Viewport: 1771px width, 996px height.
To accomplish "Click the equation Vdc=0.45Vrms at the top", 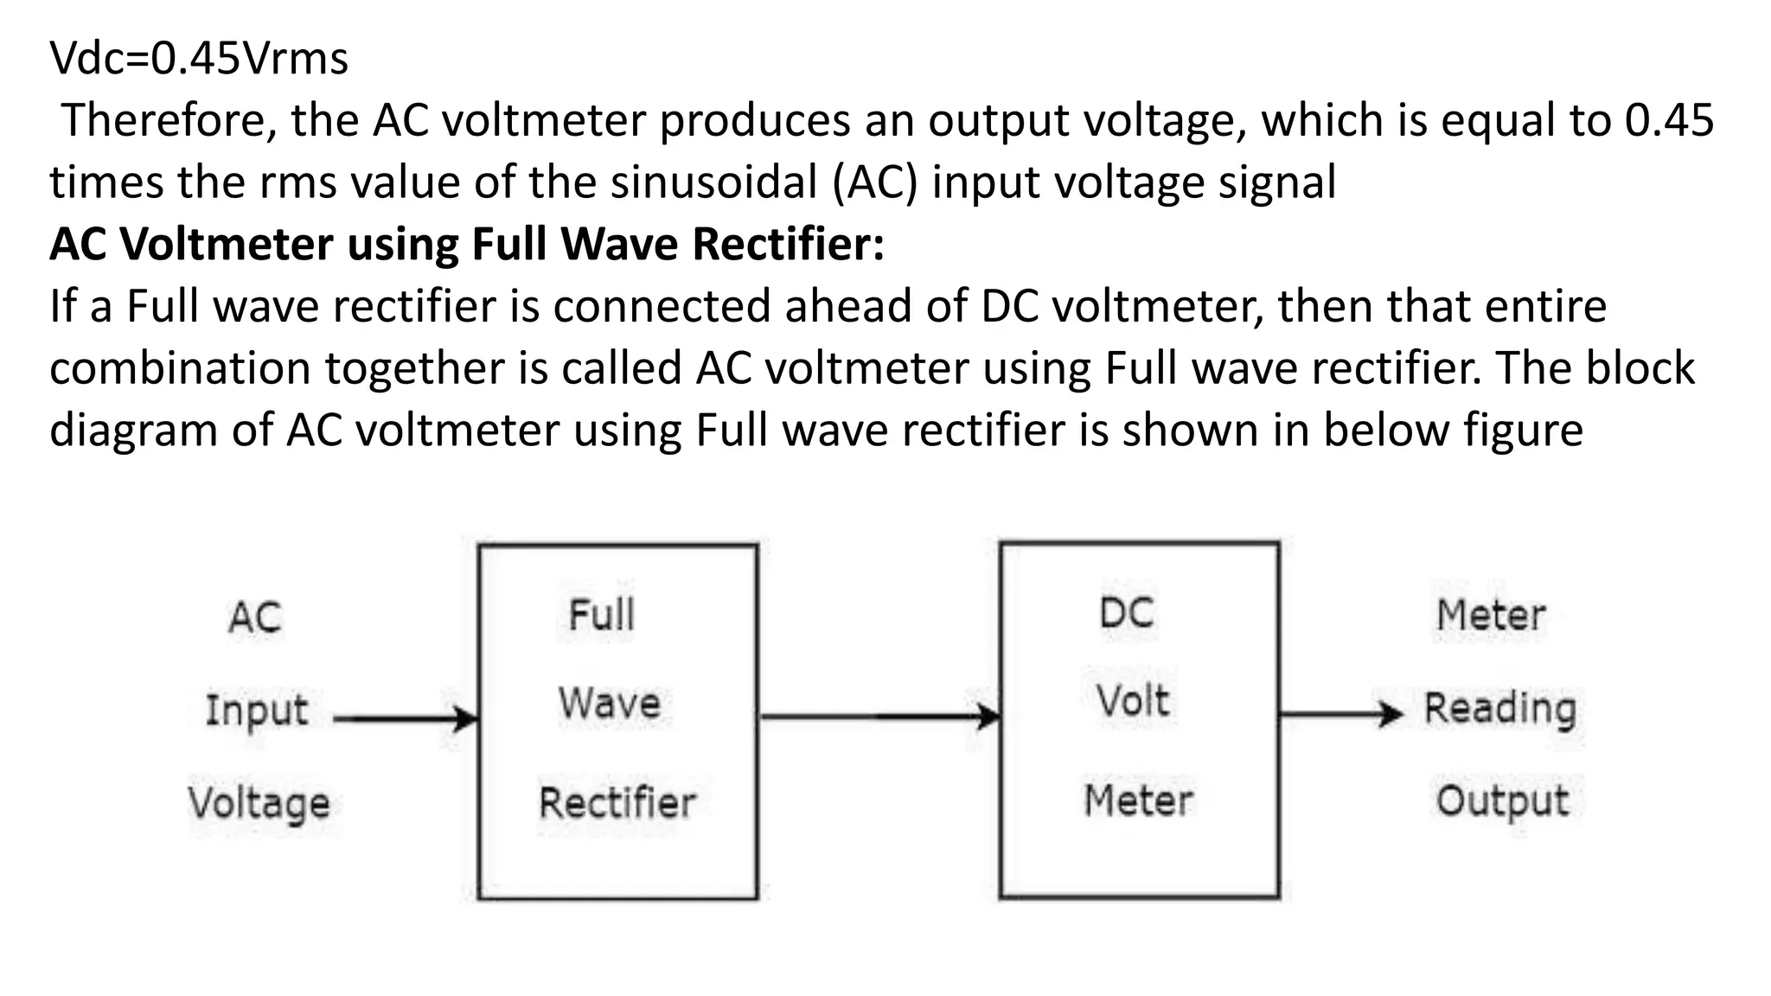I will pyautogui.click(x=199, y=59).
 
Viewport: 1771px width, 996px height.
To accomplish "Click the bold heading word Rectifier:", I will pyautogui.click(x=788, y=245).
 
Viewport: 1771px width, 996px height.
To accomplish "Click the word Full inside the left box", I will pyautogui.click(x=601, y=616).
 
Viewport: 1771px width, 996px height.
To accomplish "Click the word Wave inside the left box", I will pyautogui.click(x=609, y=702).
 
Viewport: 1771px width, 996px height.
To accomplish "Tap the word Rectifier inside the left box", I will pyautogui.click(x=617, y=802).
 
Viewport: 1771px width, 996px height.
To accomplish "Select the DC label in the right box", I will pyautogui.click(x=1127, y=614).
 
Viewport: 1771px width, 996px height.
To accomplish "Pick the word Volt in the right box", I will pyautogui.click(x=1133, y=700).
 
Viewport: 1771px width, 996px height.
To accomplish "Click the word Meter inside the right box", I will pyautogui.click(x=1138, y=801).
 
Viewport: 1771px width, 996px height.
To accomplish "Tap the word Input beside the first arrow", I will pyautogui.click(x=257, y=711).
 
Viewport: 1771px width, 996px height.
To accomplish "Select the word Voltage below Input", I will pyautogui.click(x=259, y=803).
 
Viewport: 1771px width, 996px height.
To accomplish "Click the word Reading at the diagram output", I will pyautogui.click(x=1500, y=709).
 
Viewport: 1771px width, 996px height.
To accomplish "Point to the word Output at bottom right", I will pyautogui.click(x=1502, y=801).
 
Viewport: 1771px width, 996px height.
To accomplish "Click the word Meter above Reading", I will pyautogui.click(x=1491, y=616).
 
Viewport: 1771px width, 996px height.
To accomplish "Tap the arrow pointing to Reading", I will pyautogui.click(x=1340, y=714).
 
